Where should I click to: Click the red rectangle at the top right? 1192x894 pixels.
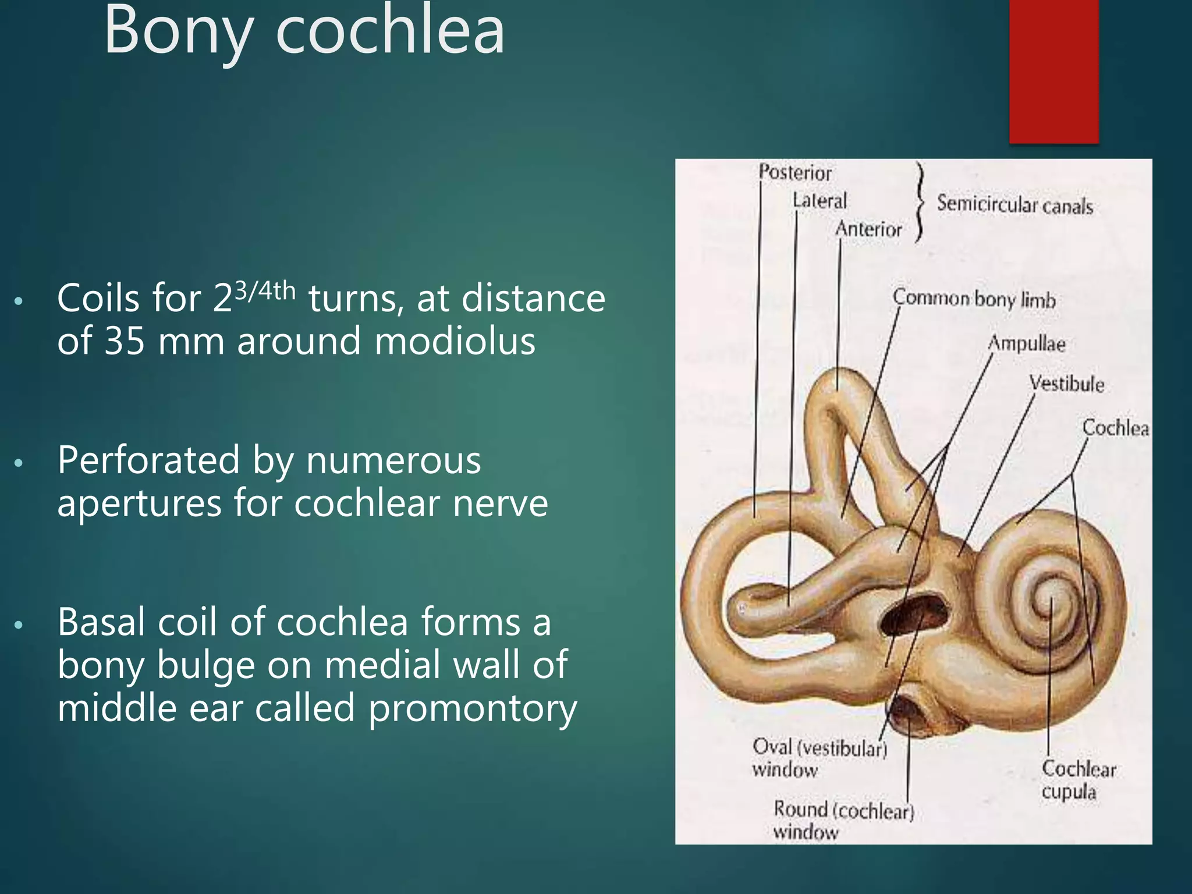(x=1053, y=70)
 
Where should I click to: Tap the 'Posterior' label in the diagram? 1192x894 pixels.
(x=795, y=173)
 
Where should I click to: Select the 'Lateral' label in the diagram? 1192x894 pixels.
(x=819, y=201)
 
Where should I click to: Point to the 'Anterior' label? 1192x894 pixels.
(x=868, y=229)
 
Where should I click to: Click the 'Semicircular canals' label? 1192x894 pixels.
(x=1014, y=205)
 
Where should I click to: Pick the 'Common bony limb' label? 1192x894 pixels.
(x=974, y=299)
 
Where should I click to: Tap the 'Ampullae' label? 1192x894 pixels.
(x=1027, y=343)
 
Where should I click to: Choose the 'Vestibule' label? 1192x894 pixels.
(x=1066, y=384)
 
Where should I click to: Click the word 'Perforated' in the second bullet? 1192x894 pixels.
(x=148, y=460)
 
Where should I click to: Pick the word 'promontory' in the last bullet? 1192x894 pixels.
(x=473, y=708)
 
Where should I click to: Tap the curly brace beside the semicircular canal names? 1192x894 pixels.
(x=919, y=201)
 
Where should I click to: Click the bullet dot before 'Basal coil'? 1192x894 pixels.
(x=19, y=625)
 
